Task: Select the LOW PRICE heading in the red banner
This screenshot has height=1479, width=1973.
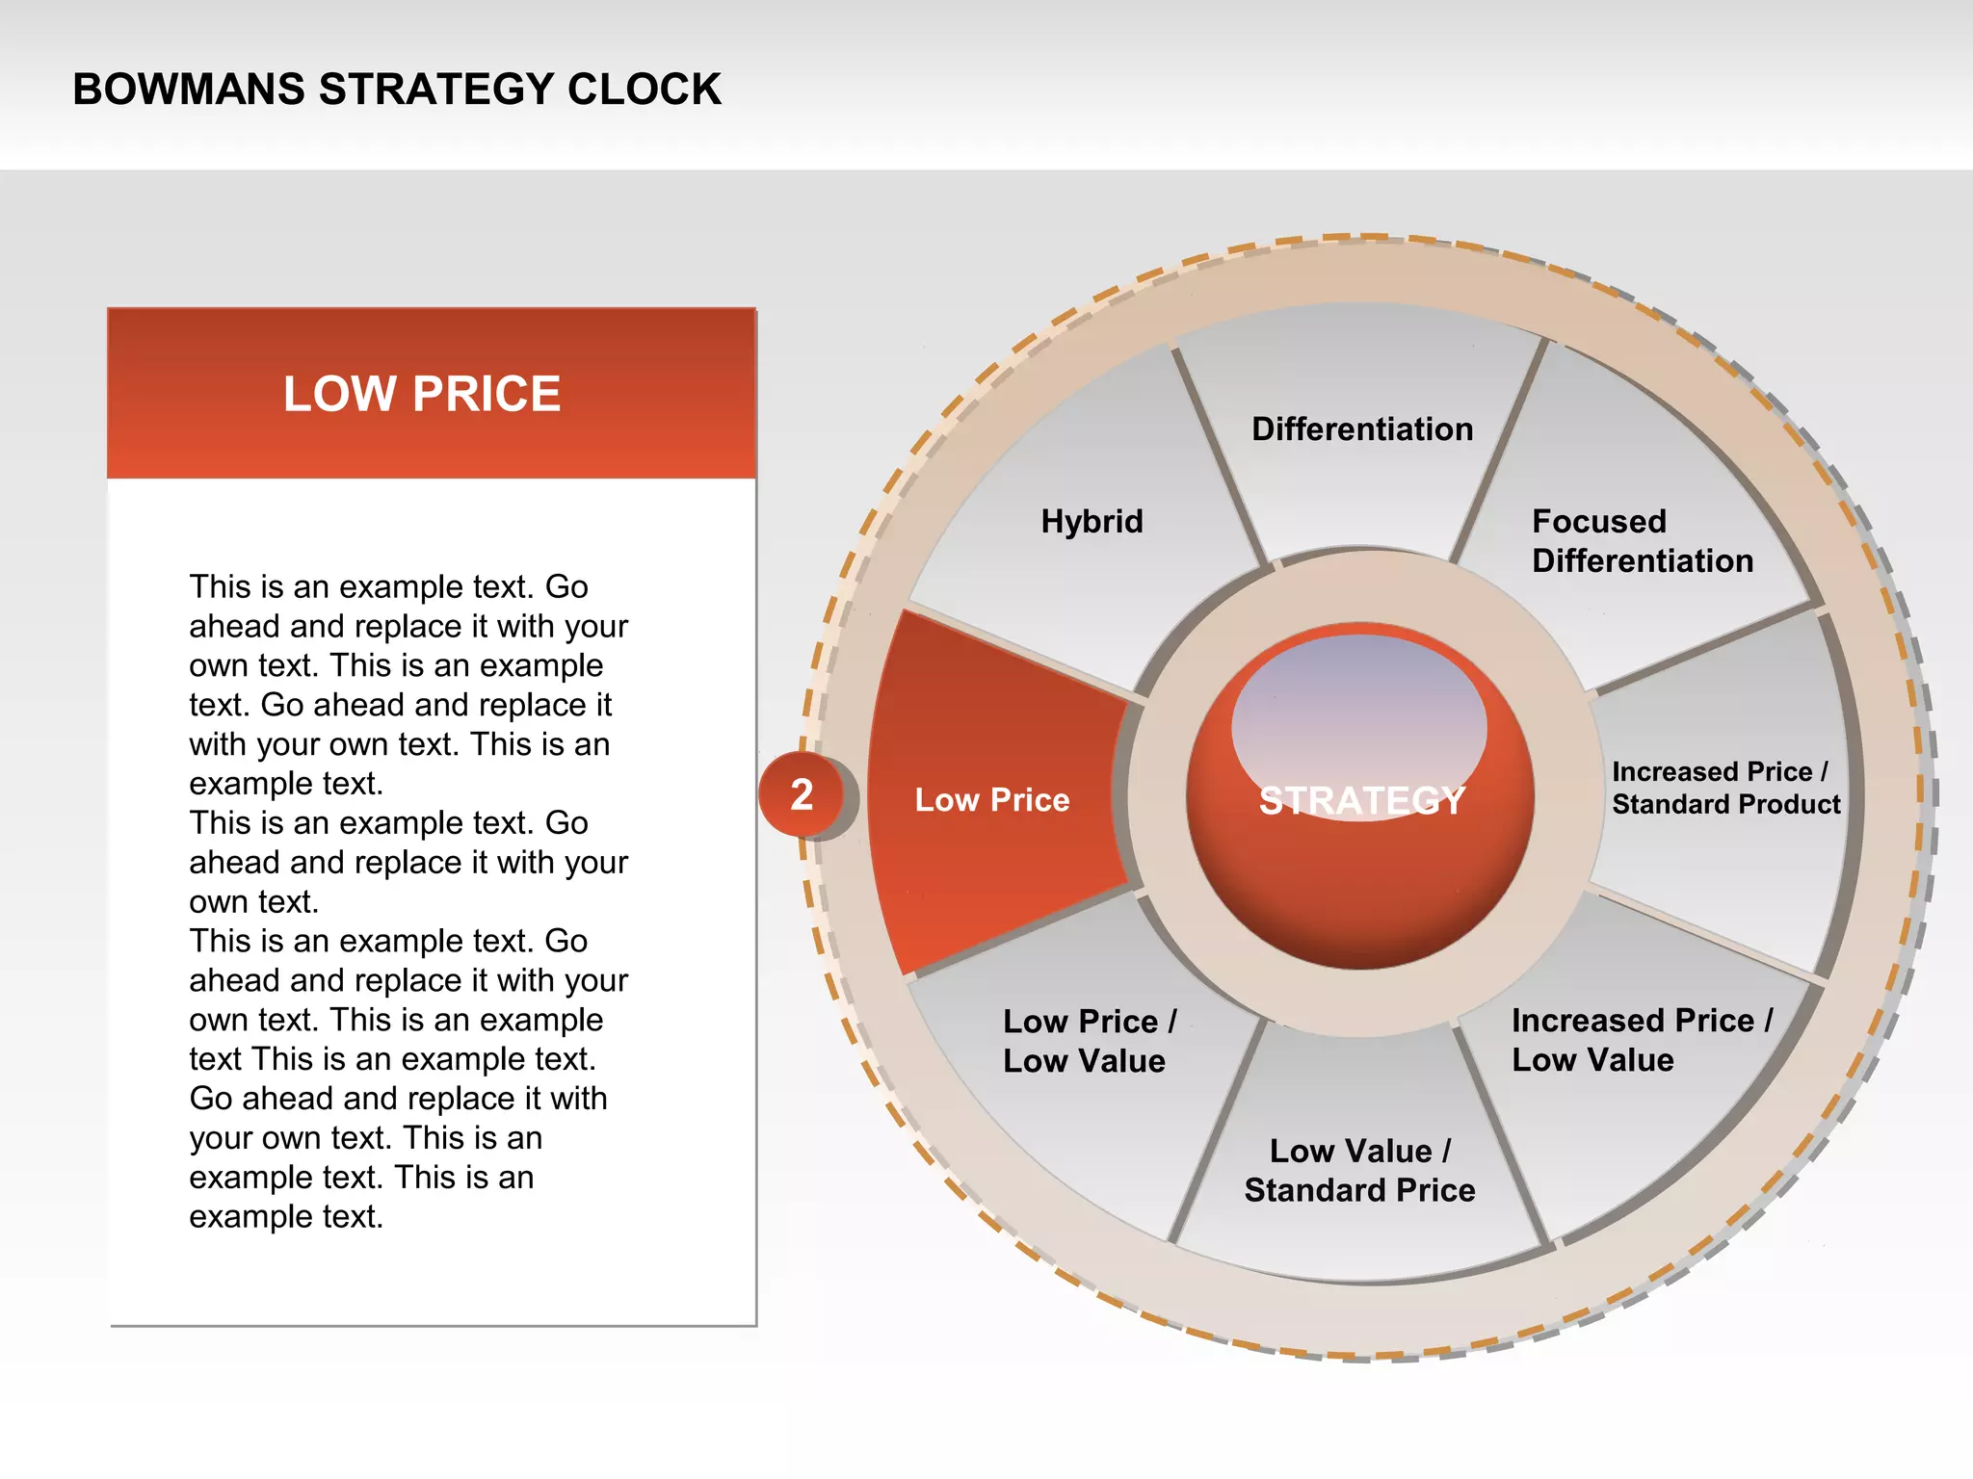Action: click(422, 394)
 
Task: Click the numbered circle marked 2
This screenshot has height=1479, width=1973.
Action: click(802, 795)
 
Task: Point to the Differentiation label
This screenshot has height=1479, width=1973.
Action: click(1362, 428)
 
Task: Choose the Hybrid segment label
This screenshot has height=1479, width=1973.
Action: click(1092, 521)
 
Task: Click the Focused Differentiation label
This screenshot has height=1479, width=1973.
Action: click(1642, 541)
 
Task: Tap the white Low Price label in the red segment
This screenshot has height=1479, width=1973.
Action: click(991, 799)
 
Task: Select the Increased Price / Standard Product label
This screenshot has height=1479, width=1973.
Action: click(1725, 788)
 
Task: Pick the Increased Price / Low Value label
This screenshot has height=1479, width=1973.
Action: click(1641, 1040)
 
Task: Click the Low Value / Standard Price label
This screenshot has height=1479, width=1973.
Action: click(1359, 1170)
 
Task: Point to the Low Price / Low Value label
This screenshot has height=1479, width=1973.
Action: click(1089, 1041)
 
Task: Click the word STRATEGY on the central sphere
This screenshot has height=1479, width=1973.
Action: click(1361, 801)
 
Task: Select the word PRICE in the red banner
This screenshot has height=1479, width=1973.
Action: click(487, 394)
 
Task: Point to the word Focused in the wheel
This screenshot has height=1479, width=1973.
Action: click(1599, 521)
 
